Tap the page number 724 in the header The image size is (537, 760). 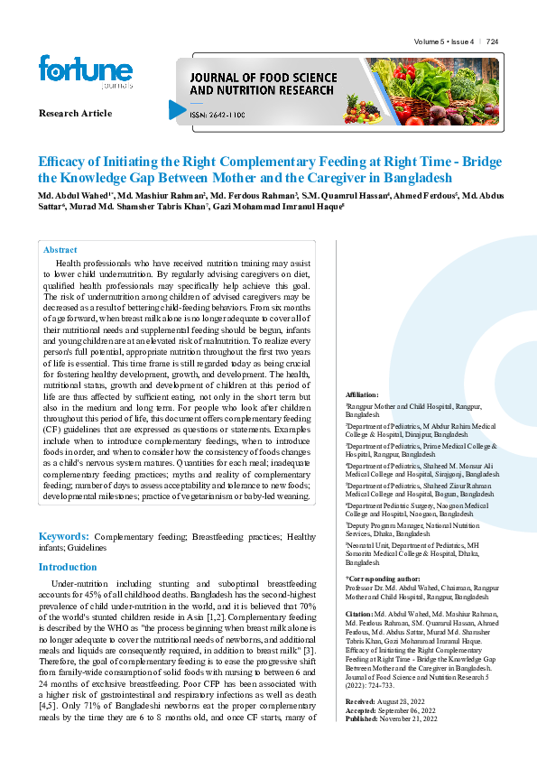(493, 42)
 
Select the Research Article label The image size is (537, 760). (75, 114)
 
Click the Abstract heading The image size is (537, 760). (60, 250)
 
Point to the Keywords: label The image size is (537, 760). (62, 536)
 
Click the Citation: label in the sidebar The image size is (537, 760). (361, 613)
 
